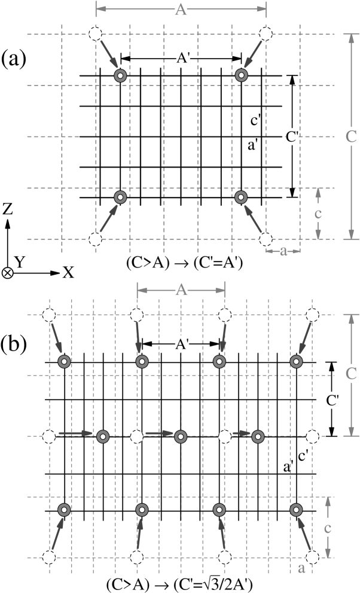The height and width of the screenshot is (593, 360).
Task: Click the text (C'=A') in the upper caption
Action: pos(218,263)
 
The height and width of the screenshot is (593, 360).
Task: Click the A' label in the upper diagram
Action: pos(182,58)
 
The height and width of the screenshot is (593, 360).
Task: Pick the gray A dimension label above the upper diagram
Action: pos(181,10)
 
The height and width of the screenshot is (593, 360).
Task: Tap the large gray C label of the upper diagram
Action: pos(351,136)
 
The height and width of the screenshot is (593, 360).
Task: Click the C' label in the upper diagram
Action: pos(292,137)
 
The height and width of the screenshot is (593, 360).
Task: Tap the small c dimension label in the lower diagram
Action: pos(327,527)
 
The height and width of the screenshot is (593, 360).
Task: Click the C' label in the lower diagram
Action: pos(332,400)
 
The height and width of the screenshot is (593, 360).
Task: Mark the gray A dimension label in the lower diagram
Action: pos(181,290)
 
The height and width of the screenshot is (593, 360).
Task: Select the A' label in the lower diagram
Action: pos(182,344)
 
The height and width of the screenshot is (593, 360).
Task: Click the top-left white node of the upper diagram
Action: pos(95,34)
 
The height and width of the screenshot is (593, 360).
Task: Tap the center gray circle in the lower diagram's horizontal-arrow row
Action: pos(181,437)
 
